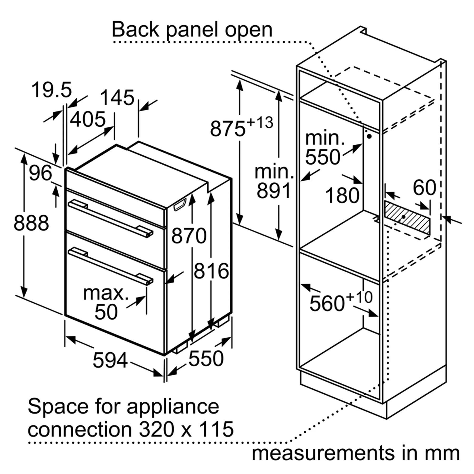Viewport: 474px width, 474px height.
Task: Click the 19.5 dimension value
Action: tap(52, 90)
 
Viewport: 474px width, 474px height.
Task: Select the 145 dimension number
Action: tap(117, 98)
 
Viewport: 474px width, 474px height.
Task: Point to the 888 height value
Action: tap(31, 223)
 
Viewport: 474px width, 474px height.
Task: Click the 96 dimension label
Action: tap(41, 173)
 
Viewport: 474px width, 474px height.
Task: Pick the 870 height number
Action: tap(189, 236)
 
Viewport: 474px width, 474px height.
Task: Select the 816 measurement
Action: tap(211, 271)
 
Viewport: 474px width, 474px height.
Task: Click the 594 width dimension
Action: tap(110, 361)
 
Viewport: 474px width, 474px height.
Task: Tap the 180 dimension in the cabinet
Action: tap(342, 196)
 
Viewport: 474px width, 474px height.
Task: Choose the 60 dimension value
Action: tap(424, 188)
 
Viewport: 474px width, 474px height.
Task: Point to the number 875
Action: tap(228, 129)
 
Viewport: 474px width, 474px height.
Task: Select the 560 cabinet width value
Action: tap(327, 304)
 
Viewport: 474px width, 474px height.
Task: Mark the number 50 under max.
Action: tap(106, 312)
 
